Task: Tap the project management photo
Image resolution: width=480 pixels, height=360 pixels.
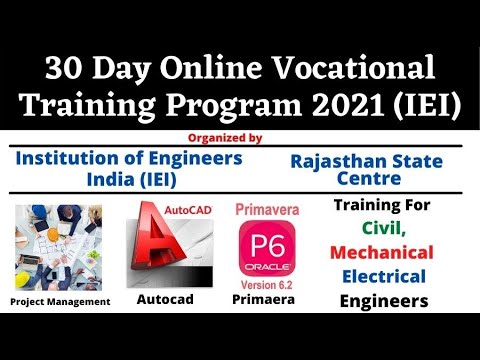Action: click(57, 246)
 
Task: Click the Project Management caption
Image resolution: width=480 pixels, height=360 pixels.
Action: click(59, 301)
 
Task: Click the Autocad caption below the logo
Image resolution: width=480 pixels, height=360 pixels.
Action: click(164, 299)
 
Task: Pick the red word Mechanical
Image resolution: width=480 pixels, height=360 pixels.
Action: click(382, 252)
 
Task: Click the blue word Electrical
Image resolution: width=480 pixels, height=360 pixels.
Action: click(382, 276)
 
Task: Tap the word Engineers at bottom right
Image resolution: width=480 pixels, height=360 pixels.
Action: click(382, 301)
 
